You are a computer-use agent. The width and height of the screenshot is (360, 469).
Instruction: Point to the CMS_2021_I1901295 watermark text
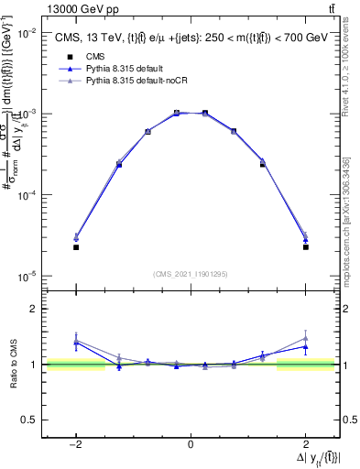(190, 274)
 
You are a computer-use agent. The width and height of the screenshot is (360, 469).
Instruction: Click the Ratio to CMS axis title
(17, 365)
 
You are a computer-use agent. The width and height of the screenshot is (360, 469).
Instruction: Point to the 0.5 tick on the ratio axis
(29, 420)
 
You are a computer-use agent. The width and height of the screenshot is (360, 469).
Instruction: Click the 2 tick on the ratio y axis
(33, 309)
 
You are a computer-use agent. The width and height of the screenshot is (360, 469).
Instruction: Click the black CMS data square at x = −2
(76, 247)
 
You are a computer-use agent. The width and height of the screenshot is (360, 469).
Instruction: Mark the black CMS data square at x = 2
(305, 247)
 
